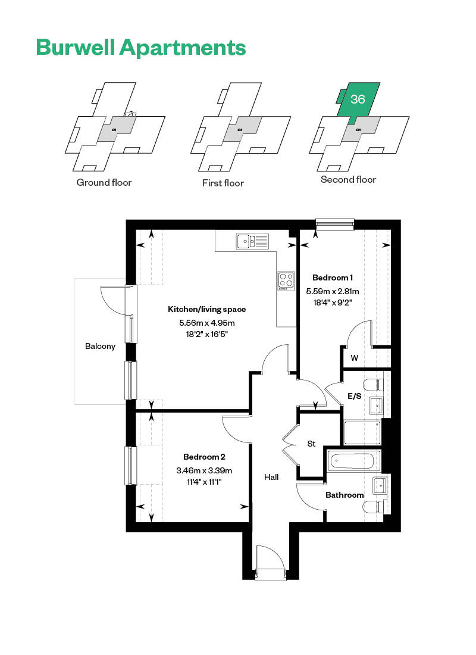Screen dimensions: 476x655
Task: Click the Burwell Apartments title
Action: coord(141,47)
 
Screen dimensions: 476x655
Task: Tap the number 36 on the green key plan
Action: coord(358,99)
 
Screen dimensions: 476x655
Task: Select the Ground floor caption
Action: coord(104,183)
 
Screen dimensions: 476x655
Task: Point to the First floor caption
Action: coord(223,183)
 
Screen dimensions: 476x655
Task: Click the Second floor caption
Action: coord(348,180)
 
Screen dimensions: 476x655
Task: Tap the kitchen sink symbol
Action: coord(252,241)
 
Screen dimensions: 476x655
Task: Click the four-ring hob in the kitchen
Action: coord(286,280)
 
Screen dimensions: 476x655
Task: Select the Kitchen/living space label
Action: coord(206,309)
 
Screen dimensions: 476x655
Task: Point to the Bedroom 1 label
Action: coord(333,277)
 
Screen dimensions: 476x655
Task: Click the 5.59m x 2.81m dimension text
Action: coord(333,291)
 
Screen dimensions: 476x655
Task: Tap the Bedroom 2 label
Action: coord(204,457)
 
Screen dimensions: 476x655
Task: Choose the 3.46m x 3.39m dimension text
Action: coord(204,470)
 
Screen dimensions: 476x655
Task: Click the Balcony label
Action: coord(100,347)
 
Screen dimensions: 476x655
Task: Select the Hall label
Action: coord(271,477)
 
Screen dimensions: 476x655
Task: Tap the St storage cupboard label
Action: coord(312,444)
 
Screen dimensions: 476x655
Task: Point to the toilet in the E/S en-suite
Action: coord(373,384)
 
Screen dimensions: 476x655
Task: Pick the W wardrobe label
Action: coord(355,358)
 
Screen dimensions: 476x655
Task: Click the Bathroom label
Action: coord(345,495)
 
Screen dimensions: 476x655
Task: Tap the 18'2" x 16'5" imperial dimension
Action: coord(206,334)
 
